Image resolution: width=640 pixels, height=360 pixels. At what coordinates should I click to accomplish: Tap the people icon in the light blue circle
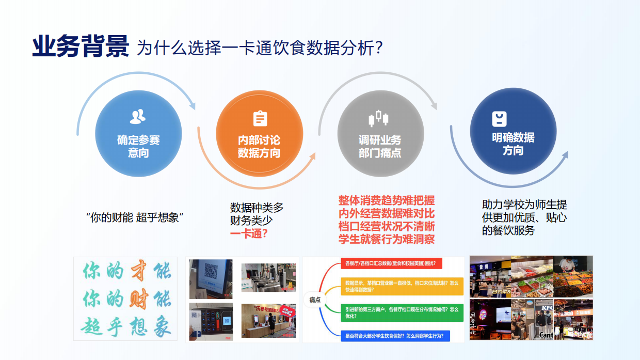point(138,117)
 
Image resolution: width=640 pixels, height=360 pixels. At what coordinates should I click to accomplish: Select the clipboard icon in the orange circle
point(260,118)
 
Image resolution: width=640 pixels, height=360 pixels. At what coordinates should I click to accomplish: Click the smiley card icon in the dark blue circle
point(499,119)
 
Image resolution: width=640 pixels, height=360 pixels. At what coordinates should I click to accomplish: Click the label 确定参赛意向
point(138,146)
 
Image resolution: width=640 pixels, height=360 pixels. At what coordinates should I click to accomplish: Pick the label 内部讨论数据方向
point(259,146)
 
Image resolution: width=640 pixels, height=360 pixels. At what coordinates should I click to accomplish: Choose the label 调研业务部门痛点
point(379,146)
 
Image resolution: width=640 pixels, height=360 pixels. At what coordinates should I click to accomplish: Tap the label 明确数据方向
point(513,144)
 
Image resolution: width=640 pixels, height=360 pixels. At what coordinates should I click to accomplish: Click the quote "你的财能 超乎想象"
point(136,217)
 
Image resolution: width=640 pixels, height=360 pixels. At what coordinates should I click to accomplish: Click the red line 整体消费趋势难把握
point(386,200)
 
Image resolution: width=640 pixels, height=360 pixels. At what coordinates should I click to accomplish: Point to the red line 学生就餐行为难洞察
point(386,239)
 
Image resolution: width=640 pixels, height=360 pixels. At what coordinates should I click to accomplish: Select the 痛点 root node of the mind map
point(315,300)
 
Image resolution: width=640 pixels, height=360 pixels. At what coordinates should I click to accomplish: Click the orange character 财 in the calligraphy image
point(138,299)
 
